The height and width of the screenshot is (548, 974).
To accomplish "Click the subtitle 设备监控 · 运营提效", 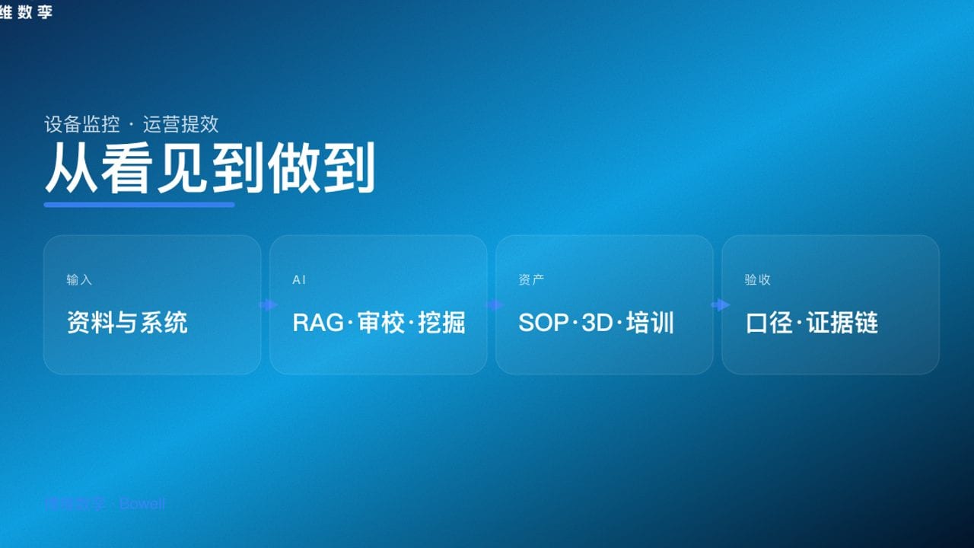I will click(x=132, y=124).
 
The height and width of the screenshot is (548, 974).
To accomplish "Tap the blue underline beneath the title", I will click(x=139, y=205).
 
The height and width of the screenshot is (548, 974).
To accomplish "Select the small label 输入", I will click(x=79, y=280).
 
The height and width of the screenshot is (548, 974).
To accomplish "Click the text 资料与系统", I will click(x=127, y=323).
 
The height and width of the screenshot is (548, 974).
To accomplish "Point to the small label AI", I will click(x=299, y=280).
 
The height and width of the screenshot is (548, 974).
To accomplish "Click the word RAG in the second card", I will click(x=317, y=323).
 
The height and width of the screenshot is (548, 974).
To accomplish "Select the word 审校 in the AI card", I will click(x=380, y=323).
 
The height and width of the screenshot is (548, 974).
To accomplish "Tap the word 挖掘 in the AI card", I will click(x=442, y=323).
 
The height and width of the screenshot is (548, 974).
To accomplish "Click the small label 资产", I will click(x=531, y=280).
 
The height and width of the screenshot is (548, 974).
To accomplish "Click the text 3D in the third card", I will click(x=597, y=323).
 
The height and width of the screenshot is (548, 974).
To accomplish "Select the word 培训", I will click(x=651, y=323).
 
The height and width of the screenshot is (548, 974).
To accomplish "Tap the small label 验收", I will click(x=757, y=280).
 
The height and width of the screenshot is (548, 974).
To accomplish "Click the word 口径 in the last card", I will click(x=769, y=323).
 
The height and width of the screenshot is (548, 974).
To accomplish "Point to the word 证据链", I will click(x=842, y=323).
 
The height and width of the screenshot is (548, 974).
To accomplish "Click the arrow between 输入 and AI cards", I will click(x=268, y=305).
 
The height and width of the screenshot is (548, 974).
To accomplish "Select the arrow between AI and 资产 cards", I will click(x=495, y=305).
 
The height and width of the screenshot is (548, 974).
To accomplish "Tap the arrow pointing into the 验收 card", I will click(x=720, y=305).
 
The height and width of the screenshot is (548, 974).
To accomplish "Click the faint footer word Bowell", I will click(x=142, y=504).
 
